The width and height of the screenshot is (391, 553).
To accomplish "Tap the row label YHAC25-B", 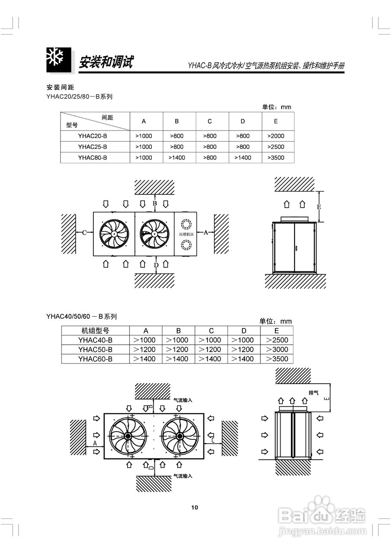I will pyautogui.click(x=93, y=147).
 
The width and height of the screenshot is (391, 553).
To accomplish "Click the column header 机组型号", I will pyautogui.click(x=95, y=331).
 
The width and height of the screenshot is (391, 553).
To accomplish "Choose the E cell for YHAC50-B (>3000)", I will pyautogui.click(x=277, y=350).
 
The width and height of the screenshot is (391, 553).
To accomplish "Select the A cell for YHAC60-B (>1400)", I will pyautogui.click(x=144, y=359).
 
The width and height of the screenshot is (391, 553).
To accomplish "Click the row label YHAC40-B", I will pyautogui.click(x=95, y=340).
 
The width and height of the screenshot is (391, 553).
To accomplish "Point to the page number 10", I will pyautogui.click(x=195, y=507).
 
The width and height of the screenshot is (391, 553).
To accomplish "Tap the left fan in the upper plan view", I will pyautogui.click(x=114, y=234).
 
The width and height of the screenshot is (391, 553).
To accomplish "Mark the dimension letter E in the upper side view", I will pyautogui.click(x=319, y=207).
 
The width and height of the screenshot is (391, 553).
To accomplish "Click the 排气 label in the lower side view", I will pyautogui.click(x=314, y=393).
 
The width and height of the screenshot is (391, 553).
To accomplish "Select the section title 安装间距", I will pyautogui.click(x=60, y=87).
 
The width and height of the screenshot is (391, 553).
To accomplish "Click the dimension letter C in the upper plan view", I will pyautogui.click(x=84, y=232).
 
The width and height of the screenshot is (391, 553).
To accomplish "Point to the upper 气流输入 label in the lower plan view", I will pyautogui.click(x=183, y=400).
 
